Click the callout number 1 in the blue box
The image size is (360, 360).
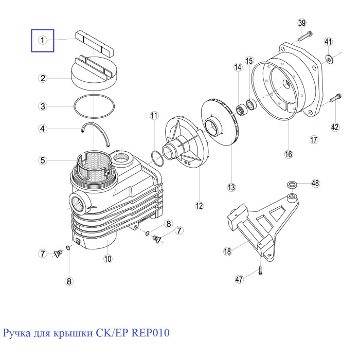[x=42, y=41]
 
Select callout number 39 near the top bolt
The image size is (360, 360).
[x=302, y=23]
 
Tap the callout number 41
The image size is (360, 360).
[x=328, y=42]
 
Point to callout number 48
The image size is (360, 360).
[x=315, y=183]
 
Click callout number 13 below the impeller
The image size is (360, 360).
[x=231, y=187]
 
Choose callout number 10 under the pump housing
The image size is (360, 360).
[x=107, y=259]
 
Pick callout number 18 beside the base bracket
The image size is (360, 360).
[x=227, y=251]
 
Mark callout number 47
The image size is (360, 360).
[x=239, y=279]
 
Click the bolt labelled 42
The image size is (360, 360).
[x=335, y=98]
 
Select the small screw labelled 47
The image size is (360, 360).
[x=260, y=270]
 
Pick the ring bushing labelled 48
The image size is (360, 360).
[x=292, y=184]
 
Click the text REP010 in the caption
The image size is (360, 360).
[x=150, y=333]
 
